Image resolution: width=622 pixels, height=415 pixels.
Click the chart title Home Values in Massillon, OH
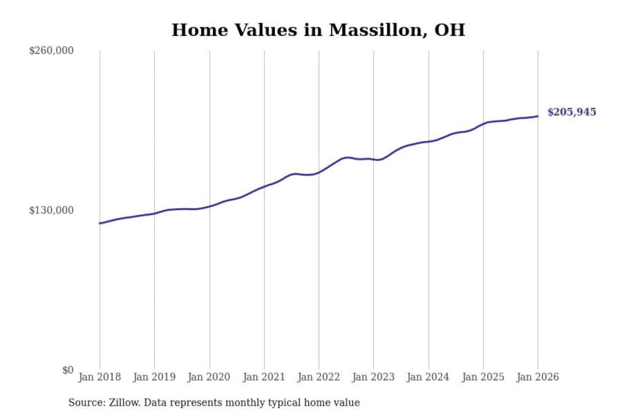coord(318,30)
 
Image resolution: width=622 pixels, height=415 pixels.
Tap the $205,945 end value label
coord(571,112)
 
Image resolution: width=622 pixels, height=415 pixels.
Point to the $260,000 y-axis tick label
coord(51,51)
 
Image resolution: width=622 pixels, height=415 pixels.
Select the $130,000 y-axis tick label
coord(51,211)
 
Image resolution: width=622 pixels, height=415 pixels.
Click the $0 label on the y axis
coord(68,370)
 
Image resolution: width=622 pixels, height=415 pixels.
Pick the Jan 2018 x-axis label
coord(99,377)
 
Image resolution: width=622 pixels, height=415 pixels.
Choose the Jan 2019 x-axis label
coord(154,377)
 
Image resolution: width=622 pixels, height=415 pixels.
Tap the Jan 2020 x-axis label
coord(209,377)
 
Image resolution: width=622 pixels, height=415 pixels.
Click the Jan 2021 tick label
coord(264,377)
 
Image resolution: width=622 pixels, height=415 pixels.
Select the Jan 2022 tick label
coord(319,377)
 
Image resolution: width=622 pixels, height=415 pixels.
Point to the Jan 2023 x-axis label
coord(373,377)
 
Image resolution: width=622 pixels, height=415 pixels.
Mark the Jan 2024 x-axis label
coord(428,377)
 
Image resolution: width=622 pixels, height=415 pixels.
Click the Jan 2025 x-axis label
coord(483,377)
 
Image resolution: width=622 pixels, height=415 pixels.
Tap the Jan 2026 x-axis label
coord(538,377)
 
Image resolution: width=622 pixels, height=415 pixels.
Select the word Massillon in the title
coord(374,30)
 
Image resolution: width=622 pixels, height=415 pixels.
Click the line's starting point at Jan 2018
coord(100,223)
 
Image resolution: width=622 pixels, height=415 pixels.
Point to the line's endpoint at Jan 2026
coord(538,116)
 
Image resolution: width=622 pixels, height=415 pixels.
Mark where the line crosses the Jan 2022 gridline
coord(319,172)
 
